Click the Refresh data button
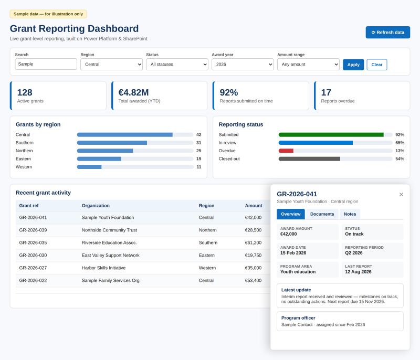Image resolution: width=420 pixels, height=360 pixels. click(x=387, y=33)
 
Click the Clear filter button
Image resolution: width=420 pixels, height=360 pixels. click(x=376, y=65)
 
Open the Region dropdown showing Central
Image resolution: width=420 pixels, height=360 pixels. click(x=111, y=64)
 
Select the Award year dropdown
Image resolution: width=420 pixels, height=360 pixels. click(x=243, y=64)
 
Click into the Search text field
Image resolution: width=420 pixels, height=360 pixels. click(x=46, y=64)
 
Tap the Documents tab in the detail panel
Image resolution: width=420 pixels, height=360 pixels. click(x=322, y=214)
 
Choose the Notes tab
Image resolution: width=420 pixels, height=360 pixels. click(x=350, y=214)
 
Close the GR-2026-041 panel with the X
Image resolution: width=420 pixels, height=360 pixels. click(x=401, y=194)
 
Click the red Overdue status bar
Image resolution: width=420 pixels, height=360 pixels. click(x=286, y=151)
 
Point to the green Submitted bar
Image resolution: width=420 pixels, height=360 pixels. click(x=331, y=135)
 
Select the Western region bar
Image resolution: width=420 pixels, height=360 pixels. click(x=89, y=167)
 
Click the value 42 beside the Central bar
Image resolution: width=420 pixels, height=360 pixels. click(x=198, y=135)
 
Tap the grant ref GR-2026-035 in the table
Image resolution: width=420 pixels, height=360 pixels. click(x=33, y=242)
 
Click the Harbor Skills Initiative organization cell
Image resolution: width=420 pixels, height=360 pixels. click(x=103, y=268)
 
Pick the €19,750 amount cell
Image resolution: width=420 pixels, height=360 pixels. click(x=253, y=255)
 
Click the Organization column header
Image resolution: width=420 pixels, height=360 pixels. click(x=96, y=206)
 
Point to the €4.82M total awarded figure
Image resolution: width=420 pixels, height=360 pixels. click(x=133, y=92)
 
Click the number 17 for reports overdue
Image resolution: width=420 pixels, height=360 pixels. click(x=326, y=92)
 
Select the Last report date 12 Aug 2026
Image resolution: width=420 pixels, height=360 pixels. click(x=358, y=272)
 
